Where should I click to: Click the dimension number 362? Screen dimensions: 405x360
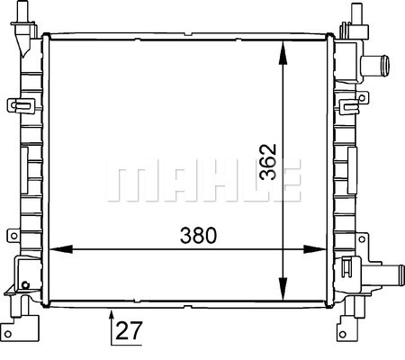coord(268,162)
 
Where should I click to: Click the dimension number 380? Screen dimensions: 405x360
coord(198,236)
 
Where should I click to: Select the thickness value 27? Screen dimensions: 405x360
coord(129,330)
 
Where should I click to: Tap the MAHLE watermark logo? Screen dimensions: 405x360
coord(203,180)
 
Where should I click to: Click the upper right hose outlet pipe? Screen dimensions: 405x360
coord(375,66)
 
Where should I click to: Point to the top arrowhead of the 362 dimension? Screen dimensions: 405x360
coord(283,53)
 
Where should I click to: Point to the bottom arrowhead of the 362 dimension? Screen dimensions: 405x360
coord(283,289)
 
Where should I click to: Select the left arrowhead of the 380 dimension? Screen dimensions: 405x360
coord(61,249)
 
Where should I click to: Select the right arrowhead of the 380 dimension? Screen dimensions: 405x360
coord(314,249)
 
